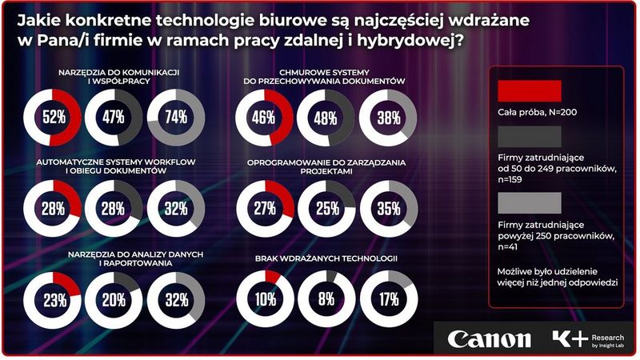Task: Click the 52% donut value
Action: [53, 118]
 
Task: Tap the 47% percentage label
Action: [113, 118]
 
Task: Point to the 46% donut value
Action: [264, 118]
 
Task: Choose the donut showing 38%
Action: [388, 118]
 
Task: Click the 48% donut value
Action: [325, 118]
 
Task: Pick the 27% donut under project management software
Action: [264, 210]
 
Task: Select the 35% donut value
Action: [388, 210]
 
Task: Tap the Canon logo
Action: [489, 338]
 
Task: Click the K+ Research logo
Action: [588, 338]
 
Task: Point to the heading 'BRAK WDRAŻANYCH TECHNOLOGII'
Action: [326, 258]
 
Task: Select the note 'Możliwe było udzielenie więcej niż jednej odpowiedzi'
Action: [555, 277]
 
